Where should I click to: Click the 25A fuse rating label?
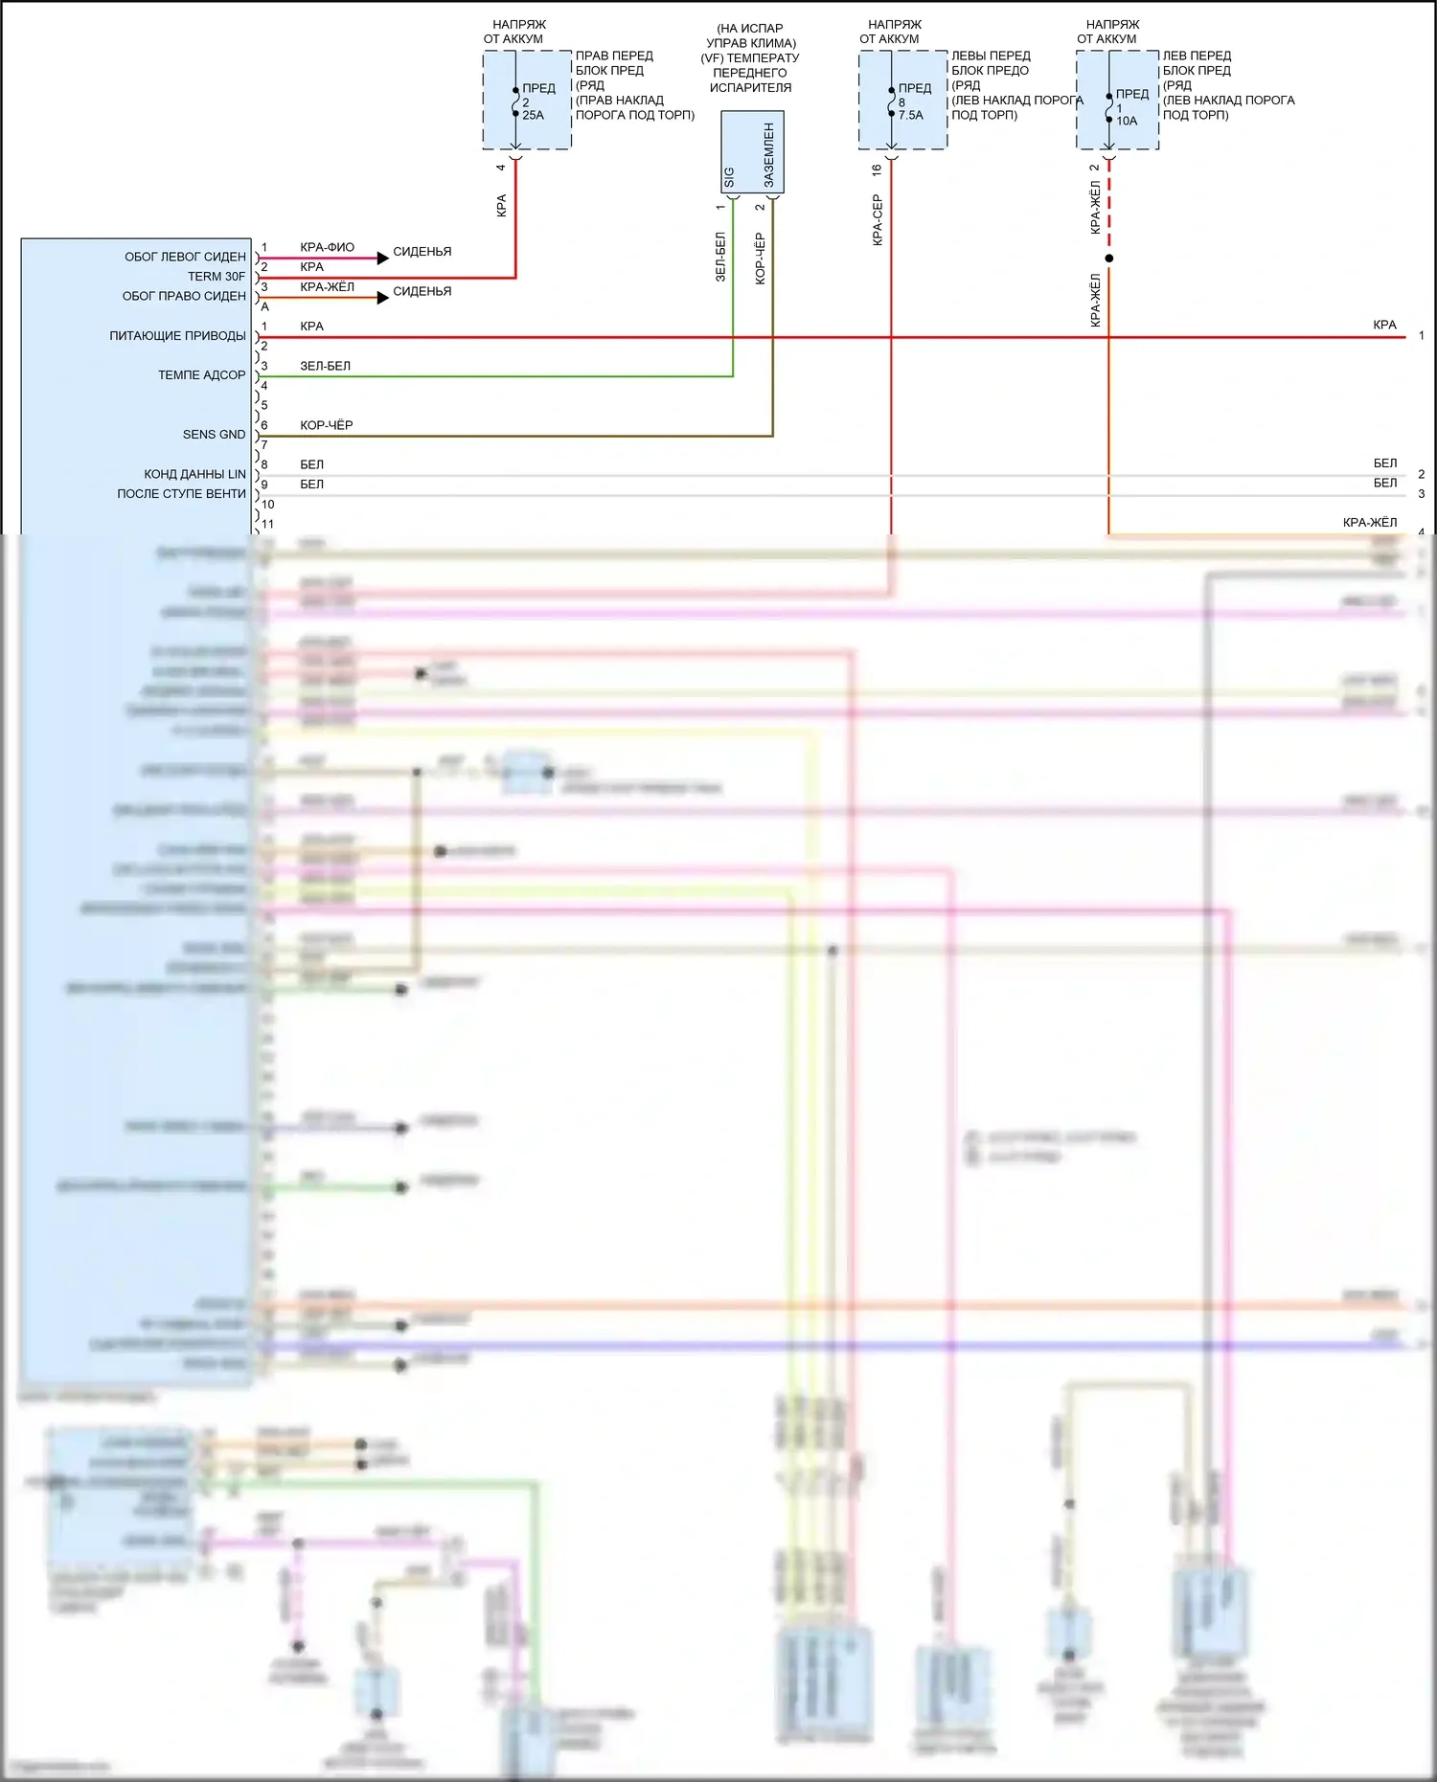[x=533, y=115]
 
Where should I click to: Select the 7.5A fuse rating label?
[x=910, y=115]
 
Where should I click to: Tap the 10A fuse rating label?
[x=1127, y=121]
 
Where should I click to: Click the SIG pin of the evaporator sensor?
[x=730, y=177]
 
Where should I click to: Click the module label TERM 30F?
[x=217, y=277]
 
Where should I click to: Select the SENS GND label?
[x=214, y=435]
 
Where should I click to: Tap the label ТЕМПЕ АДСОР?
[x=201, y=375]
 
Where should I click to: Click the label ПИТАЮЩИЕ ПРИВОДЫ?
[x=177, y=336]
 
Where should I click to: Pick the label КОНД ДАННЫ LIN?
[x=194, y=474]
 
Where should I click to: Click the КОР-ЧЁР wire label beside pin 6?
[x=326, y=425]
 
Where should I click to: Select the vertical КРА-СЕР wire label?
[x=877, y=220]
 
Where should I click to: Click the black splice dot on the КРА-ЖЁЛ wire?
[x=1109, y=259]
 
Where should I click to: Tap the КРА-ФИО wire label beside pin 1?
[x=327, y=247]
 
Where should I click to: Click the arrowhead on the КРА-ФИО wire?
[x=382, y=258]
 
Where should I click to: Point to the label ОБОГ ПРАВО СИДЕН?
[x=184, y=296]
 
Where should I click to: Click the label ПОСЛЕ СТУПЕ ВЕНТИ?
[x=181, y=494]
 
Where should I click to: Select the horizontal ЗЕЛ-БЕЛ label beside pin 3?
[x=325, y=366]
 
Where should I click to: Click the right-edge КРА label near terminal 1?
[x=1384, y=325]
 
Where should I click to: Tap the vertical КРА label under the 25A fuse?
[x=501, y=206]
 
